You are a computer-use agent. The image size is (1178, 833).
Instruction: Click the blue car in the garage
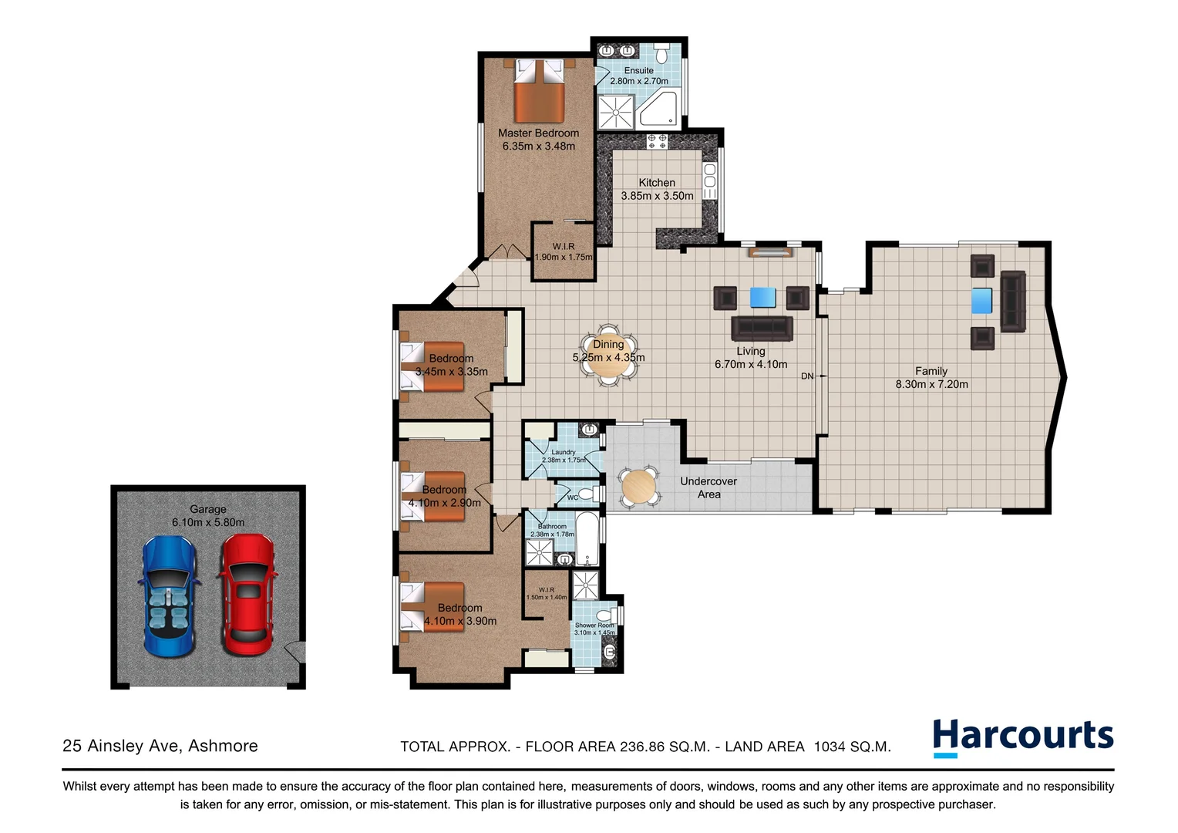(167, 595)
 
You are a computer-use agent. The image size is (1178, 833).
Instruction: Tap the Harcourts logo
(1023, 737)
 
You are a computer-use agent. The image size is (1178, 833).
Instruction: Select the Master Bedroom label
(538, 133)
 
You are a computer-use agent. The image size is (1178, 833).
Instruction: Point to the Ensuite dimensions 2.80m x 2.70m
(639, 81)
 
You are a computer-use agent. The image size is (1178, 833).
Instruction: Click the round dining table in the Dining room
(608, 358)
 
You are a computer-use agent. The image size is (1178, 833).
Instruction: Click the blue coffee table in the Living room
(762, 298)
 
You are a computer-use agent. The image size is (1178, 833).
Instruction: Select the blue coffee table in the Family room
(981, 300)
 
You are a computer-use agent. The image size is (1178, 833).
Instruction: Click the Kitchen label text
(657, 183)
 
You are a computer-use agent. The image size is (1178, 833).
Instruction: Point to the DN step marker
(807, 376)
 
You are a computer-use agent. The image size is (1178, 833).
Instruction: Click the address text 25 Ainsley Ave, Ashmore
(160, 746)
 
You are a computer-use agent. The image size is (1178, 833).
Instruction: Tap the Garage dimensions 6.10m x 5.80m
(208, 522)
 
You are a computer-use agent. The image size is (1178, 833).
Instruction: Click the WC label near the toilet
(573, 497)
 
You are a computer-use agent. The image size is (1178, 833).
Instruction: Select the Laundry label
(564, 452)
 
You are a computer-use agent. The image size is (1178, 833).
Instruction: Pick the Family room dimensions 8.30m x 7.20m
(931, 384)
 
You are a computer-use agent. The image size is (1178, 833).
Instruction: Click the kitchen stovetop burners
(657, 140)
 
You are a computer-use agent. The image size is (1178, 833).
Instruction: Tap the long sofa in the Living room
(762, 328)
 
